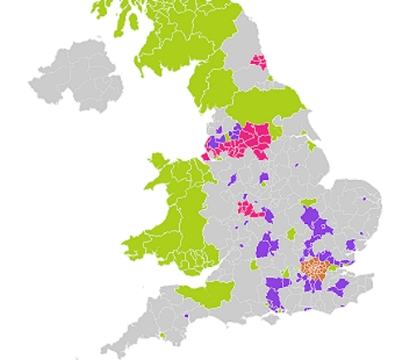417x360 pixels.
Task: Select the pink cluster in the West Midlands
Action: click(x=250, y=208)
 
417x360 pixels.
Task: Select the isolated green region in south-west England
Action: click(x=206, y=292)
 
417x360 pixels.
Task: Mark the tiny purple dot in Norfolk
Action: click(x=363, y=200)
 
